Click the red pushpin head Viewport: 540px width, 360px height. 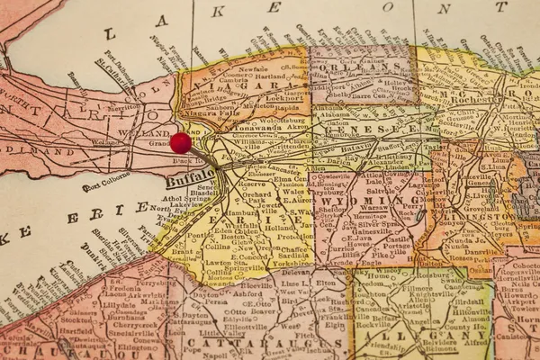click(x=181, y=142)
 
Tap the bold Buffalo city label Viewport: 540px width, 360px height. click(x=190, y=176)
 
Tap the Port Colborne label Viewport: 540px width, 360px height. click(x=101, y=187)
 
